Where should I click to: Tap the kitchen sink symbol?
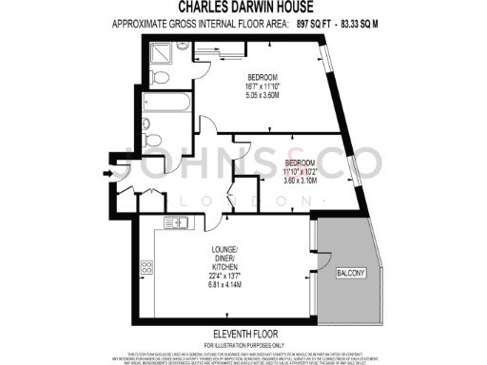[x=179, y=224]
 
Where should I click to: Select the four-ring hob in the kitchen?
[x=148, y=269]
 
